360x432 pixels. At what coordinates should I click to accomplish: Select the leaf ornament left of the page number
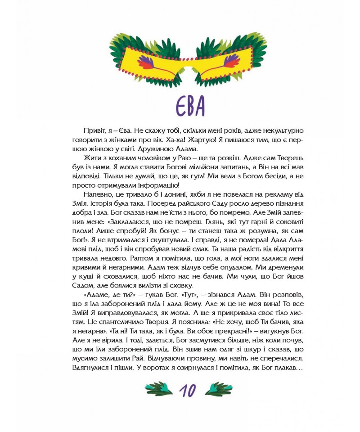[159, 388]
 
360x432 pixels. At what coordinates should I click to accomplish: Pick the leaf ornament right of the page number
[219, 388]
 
